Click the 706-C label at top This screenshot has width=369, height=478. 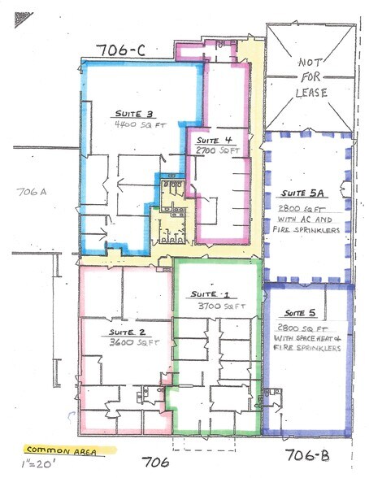click(x=120, y=50)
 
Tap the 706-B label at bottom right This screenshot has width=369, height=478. click(x=307, y=452)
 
